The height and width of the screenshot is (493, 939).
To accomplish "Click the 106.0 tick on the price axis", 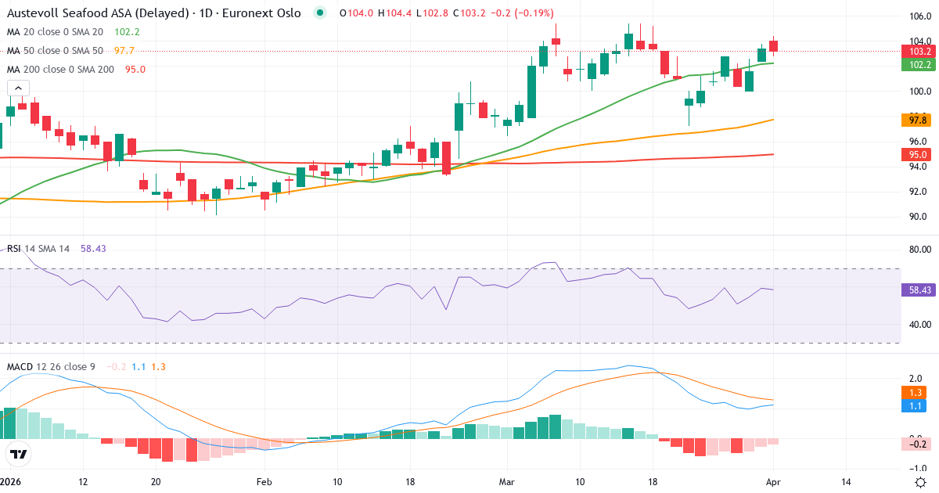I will point(917,16).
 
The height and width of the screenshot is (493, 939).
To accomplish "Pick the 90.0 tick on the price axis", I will point(917,217).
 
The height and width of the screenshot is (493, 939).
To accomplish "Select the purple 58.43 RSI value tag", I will point(918,290).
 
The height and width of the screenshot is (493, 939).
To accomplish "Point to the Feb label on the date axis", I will point(264,482).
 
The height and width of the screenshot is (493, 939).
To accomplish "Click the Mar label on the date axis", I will point(505,482).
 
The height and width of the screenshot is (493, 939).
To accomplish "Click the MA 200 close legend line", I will point(76,69).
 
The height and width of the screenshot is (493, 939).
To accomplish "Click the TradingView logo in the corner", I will point(19,454).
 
